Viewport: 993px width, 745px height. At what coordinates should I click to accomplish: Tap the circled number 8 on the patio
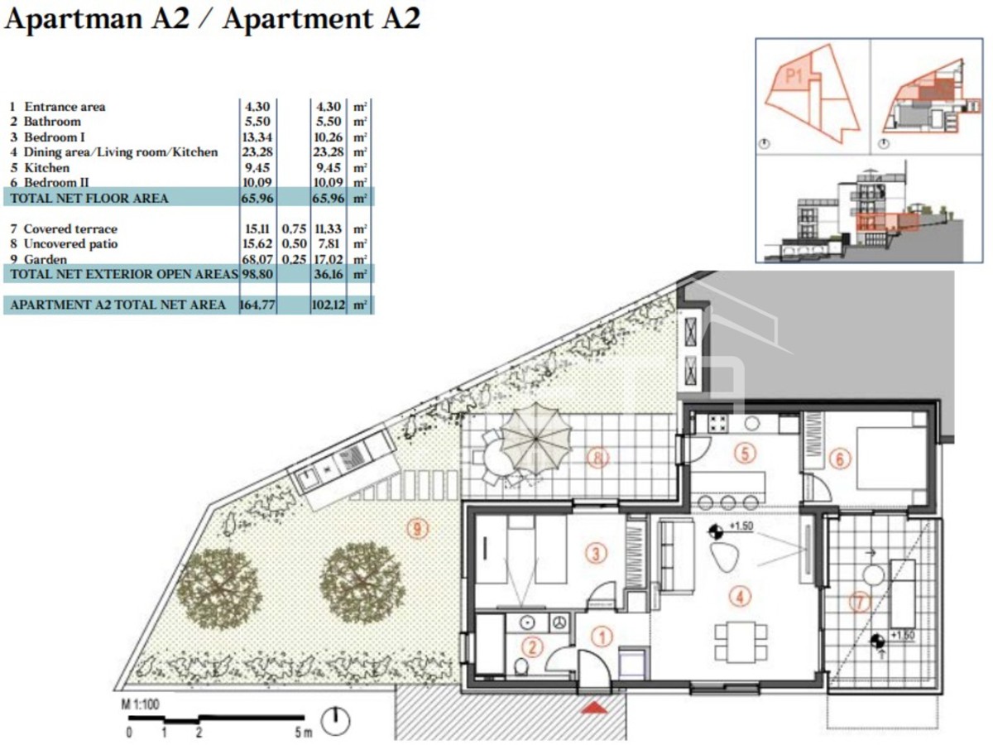(597, 457)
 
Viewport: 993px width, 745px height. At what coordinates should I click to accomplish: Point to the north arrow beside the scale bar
(335, 721)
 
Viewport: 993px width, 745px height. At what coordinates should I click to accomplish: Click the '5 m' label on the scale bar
(303, 733)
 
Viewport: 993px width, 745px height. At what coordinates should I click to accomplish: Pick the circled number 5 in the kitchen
(745, 453)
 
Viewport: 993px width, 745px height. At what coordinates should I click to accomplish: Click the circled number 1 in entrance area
(602, 636)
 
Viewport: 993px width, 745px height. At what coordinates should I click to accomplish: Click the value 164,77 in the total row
(256, 305)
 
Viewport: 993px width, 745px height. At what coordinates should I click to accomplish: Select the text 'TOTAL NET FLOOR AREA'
(89, 198)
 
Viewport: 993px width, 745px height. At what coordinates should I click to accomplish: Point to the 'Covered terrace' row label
(70, 228)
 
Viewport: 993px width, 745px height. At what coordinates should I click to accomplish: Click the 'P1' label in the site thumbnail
(795, 77)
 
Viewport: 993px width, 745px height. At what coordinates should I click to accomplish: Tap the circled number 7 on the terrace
(861, 603)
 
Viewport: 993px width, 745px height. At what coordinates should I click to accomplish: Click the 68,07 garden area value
(256, 258)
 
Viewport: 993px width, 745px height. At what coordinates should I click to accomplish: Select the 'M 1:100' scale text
(142, 704)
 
